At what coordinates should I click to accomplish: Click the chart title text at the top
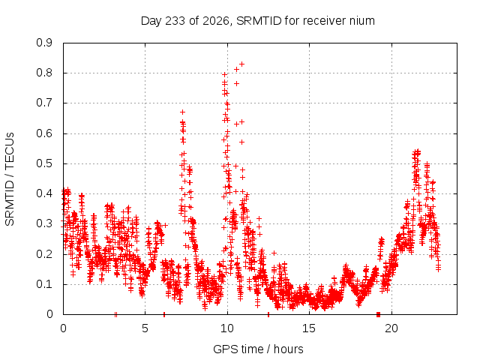258,21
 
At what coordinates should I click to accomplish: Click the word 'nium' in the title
361,21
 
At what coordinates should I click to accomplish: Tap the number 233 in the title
175,21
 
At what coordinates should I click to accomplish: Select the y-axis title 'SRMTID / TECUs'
10,179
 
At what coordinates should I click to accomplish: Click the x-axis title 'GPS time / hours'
258,349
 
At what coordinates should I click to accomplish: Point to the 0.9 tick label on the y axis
44,43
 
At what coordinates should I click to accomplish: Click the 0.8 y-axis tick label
44,73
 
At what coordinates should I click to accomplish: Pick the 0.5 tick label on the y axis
44,163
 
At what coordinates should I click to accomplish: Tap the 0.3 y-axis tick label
44,223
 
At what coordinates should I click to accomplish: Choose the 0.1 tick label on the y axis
44,284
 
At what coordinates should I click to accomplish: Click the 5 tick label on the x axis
145,328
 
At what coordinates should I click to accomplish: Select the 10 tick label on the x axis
227,328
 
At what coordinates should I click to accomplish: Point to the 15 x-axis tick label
309,328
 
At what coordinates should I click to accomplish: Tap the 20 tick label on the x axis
391,328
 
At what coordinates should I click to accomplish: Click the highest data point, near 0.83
241,64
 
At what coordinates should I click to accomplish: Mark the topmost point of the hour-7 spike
182,112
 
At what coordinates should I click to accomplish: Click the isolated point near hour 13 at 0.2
274,253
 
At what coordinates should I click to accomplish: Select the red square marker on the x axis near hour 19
378,314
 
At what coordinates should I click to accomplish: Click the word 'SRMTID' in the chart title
259,21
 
